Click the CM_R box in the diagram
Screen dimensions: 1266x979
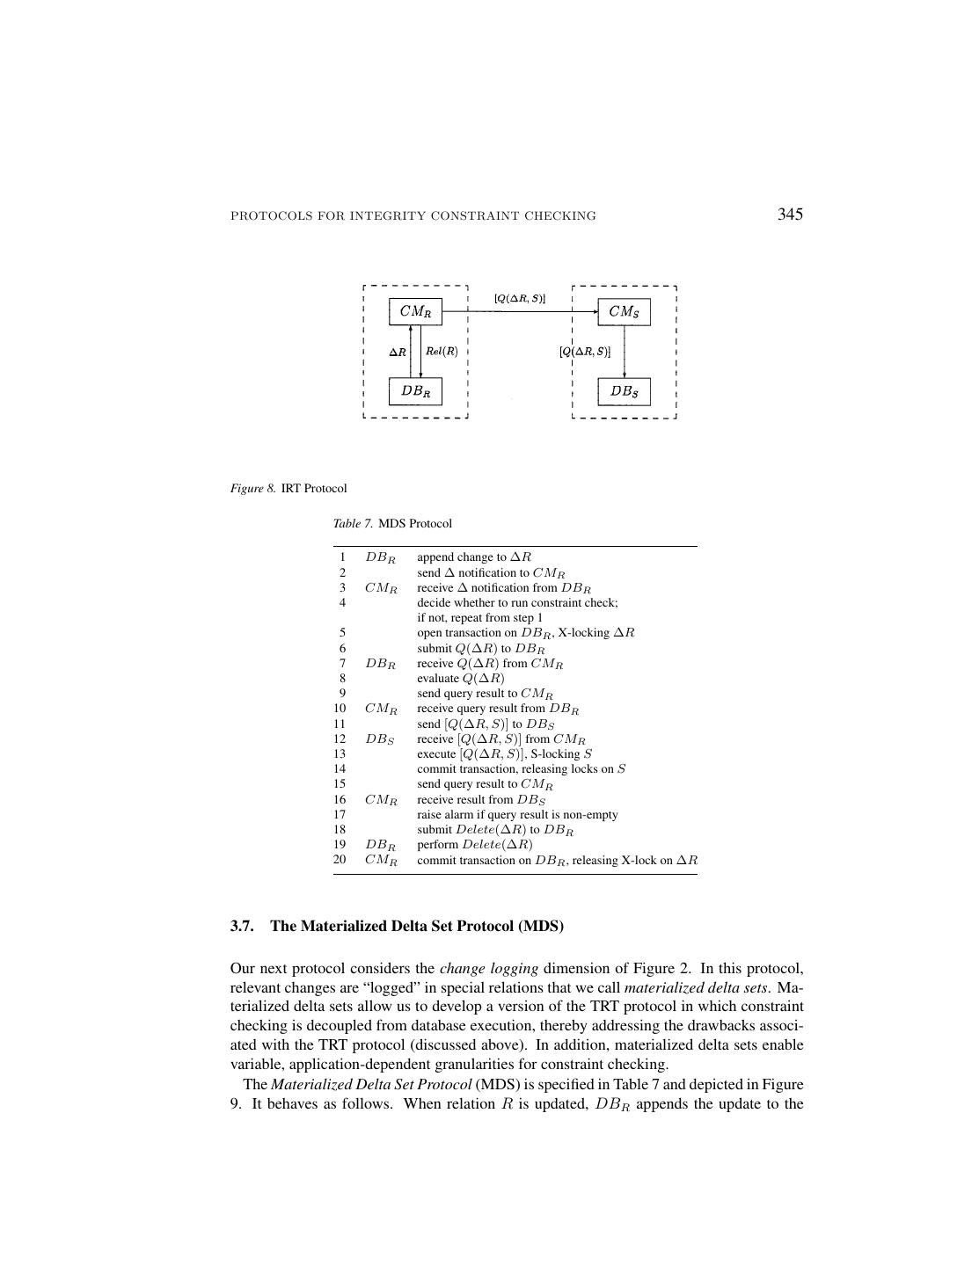tap(415, 311)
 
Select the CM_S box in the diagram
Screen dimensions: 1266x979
tap(624, 311)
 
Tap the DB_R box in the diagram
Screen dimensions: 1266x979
tap(415, 391)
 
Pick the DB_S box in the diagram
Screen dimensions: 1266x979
tap(624, 391)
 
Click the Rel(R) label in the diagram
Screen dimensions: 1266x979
tap(442, 352)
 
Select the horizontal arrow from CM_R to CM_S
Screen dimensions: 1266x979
tap(519, 312)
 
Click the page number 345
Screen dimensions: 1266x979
tap(790, 215)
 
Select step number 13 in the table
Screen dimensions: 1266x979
tap(340, 753)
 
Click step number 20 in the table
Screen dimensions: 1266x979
tap(340, 860)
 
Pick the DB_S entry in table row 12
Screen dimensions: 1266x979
tap(380, 739)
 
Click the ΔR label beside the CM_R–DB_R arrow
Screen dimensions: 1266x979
tap(398, 353)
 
